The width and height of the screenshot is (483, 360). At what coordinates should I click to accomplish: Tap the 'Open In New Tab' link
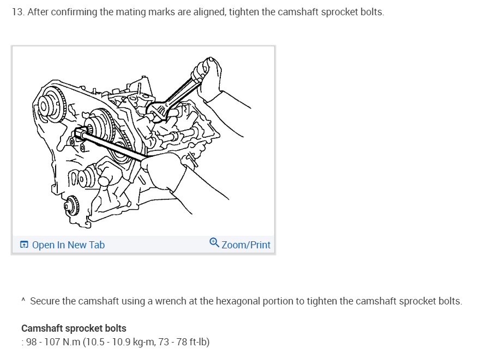pos(68,245)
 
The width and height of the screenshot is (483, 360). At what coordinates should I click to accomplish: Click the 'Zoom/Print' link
pos(246,245)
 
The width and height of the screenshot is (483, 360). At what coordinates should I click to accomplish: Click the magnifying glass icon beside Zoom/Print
pos(214,243)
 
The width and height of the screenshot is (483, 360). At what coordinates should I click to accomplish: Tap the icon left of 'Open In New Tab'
pos(25,245)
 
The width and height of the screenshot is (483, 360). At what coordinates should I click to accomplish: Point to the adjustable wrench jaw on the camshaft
pos(159,111)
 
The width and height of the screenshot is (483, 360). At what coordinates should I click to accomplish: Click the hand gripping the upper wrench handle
pos(210,79)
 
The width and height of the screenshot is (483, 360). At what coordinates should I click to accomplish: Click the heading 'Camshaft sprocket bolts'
pos(74,328)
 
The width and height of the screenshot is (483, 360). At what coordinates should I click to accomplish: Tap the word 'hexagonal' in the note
pos(236,301)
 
